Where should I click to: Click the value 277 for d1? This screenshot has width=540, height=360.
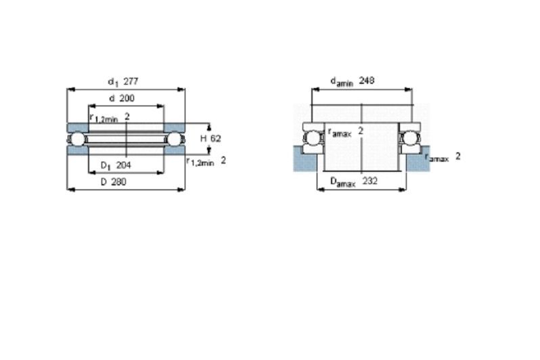[x=131, y=82]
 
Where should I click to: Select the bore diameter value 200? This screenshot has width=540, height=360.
[x=127, y=98]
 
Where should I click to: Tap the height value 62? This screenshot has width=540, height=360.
[x=216, y=139]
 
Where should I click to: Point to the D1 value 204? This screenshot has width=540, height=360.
[x=124, y=165]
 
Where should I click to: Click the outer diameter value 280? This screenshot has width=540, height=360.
[x=118, y=182]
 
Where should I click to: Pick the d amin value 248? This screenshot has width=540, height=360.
[x=367, y=81]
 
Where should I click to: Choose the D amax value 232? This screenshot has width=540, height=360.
[x=370, y=181]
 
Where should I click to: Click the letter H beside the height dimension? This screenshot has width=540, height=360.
[x=204, y=139]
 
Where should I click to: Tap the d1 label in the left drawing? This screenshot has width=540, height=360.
[x=113, y=83]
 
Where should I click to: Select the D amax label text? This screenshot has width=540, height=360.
[x=342, y=182]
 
